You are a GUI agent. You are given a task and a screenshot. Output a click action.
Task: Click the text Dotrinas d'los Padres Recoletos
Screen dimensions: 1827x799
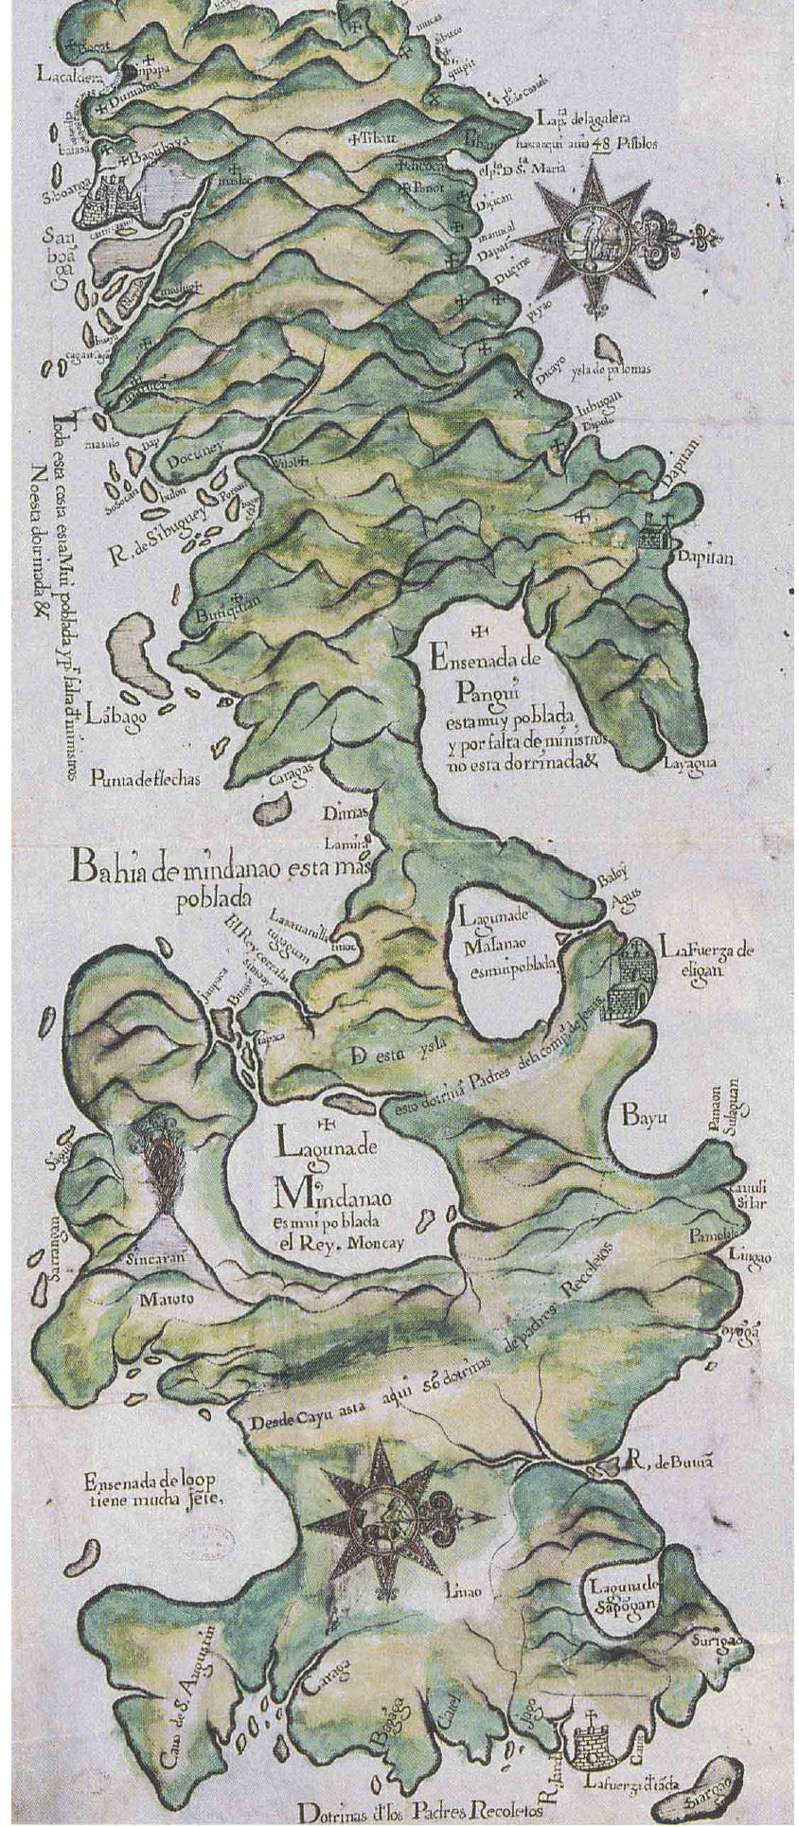[418, 1811]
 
